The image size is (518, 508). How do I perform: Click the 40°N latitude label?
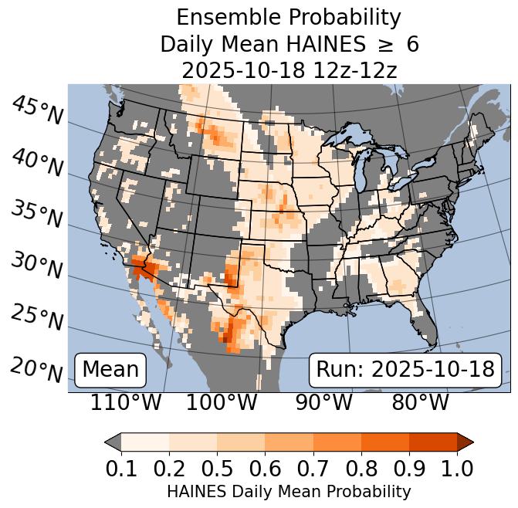pos(37,163)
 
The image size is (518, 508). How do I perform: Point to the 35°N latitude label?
pos(37,214)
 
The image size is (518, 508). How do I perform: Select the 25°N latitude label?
pos(37,317)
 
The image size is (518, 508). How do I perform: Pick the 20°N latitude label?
pos(37,369)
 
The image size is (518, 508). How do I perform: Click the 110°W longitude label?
pos(127,402)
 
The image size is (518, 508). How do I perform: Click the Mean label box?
pos(110,370)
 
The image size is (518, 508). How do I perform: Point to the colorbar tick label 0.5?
pos(217,468)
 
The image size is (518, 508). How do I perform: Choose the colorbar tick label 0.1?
pos(121,468)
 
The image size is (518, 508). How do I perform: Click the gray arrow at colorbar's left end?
pos(113,442)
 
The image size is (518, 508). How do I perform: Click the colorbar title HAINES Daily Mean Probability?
pos(289,491)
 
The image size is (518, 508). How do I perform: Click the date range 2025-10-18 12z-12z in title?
pos(289,70)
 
